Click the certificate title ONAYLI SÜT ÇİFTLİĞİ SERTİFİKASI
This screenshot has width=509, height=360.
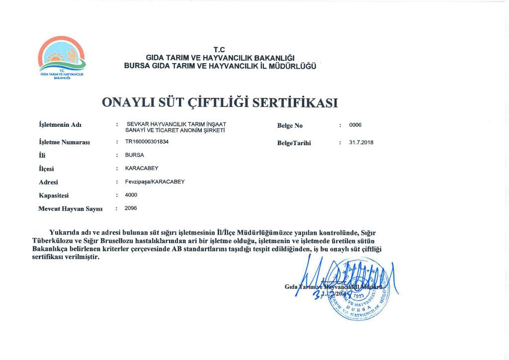220,102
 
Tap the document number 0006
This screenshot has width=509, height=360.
355,125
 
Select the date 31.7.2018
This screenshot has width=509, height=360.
361,143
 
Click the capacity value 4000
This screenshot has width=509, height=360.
131,195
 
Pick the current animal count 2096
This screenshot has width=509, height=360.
131,208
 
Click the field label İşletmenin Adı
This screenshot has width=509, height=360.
60,124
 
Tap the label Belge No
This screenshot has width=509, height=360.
290,125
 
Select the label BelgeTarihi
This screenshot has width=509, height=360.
294,143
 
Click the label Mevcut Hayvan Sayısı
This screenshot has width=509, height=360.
70,209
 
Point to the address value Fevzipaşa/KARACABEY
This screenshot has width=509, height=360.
155,181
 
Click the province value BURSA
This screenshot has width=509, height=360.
135,155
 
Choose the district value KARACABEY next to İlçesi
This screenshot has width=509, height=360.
141,168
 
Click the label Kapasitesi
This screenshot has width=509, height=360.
56,195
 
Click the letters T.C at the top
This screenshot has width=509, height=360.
219,49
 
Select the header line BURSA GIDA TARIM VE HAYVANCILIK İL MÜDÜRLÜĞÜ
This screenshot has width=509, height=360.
220,66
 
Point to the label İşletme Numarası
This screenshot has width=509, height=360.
64,142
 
